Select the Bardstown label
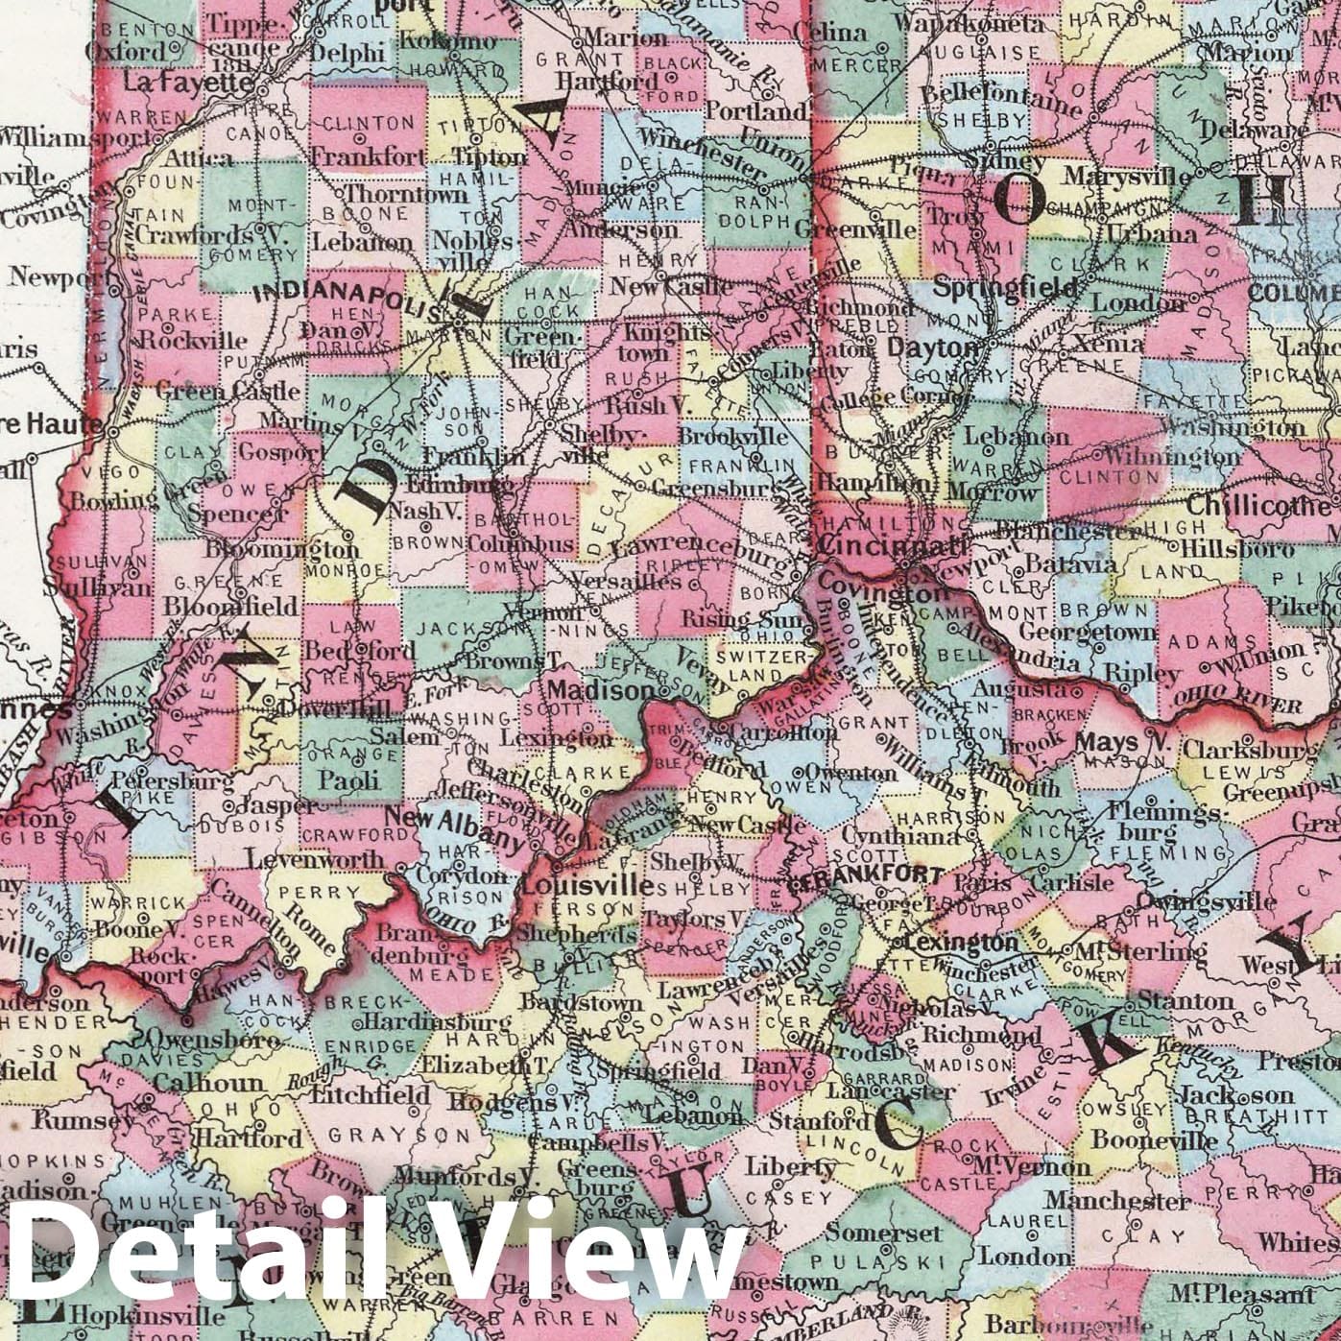[581, 1004]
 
